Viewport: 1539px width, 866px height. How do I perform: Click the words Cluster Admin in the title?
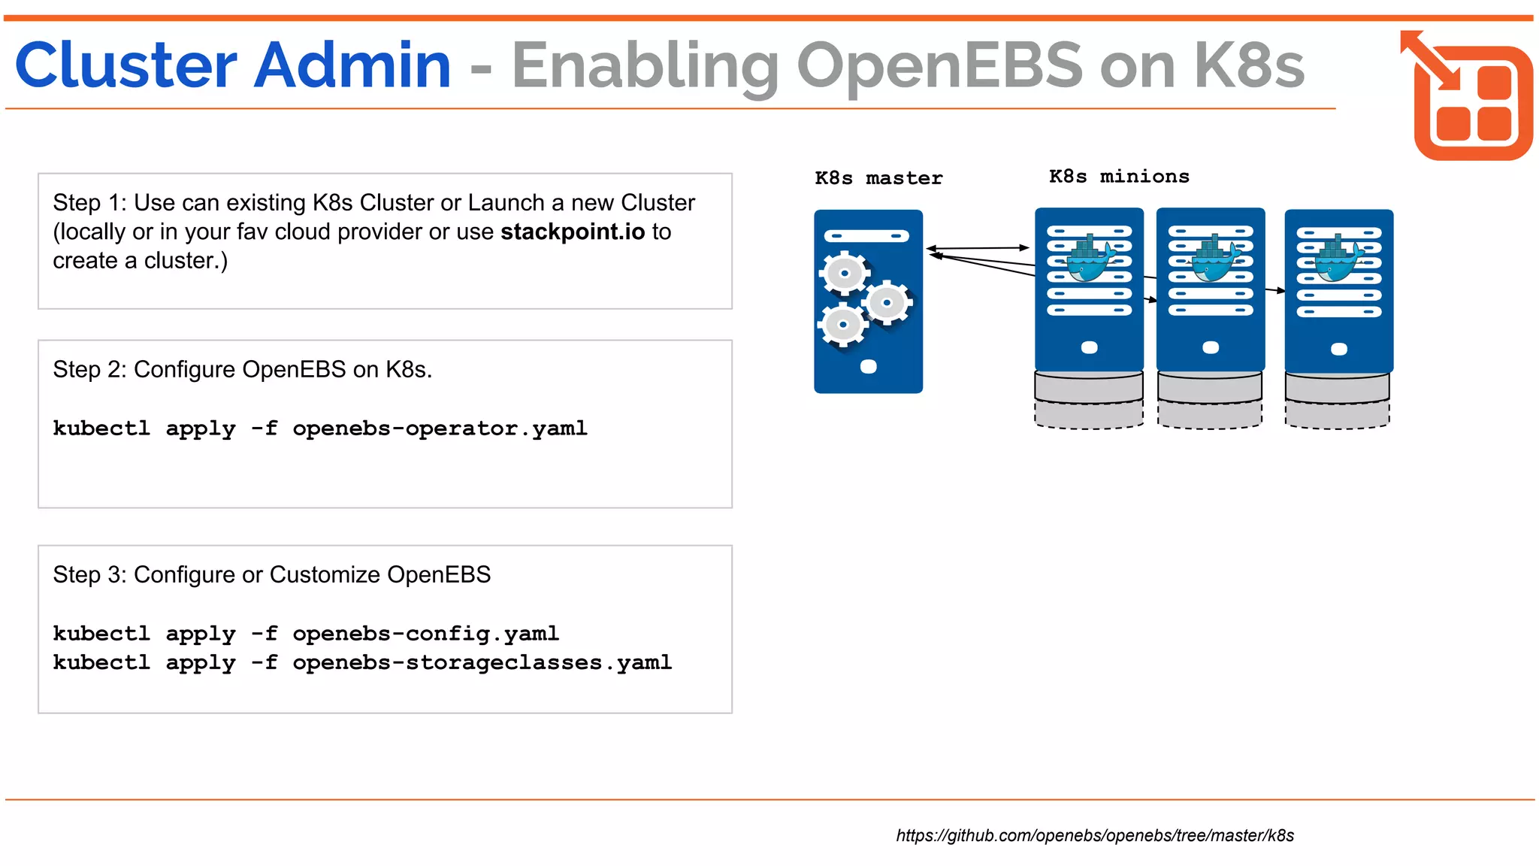233,66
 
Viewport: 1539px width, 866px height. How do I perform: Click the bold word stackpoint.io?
573,232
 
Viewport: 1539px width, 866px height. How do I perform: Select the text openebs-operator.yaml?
440,428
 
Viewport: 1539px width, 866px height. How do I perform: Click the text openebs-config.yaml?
425,634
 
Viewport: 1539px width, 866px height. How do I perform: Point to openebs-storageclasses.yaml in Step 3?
482,663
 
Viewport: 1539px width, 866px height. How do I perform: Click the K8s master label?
878,178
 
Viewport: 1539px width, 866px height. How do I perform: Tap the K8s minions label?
1118,177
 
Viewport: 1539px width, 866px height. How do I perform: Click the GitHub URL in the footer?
1094,835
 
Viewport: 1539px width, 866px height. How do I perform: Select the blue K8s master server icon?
868,301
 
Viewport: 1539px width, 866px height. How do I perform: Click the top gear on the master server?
845,273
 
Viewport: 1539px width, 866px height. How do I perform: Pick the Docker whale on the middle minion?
1211,260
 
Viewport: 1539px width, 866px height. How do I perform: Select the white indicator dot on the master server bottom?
868,367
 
